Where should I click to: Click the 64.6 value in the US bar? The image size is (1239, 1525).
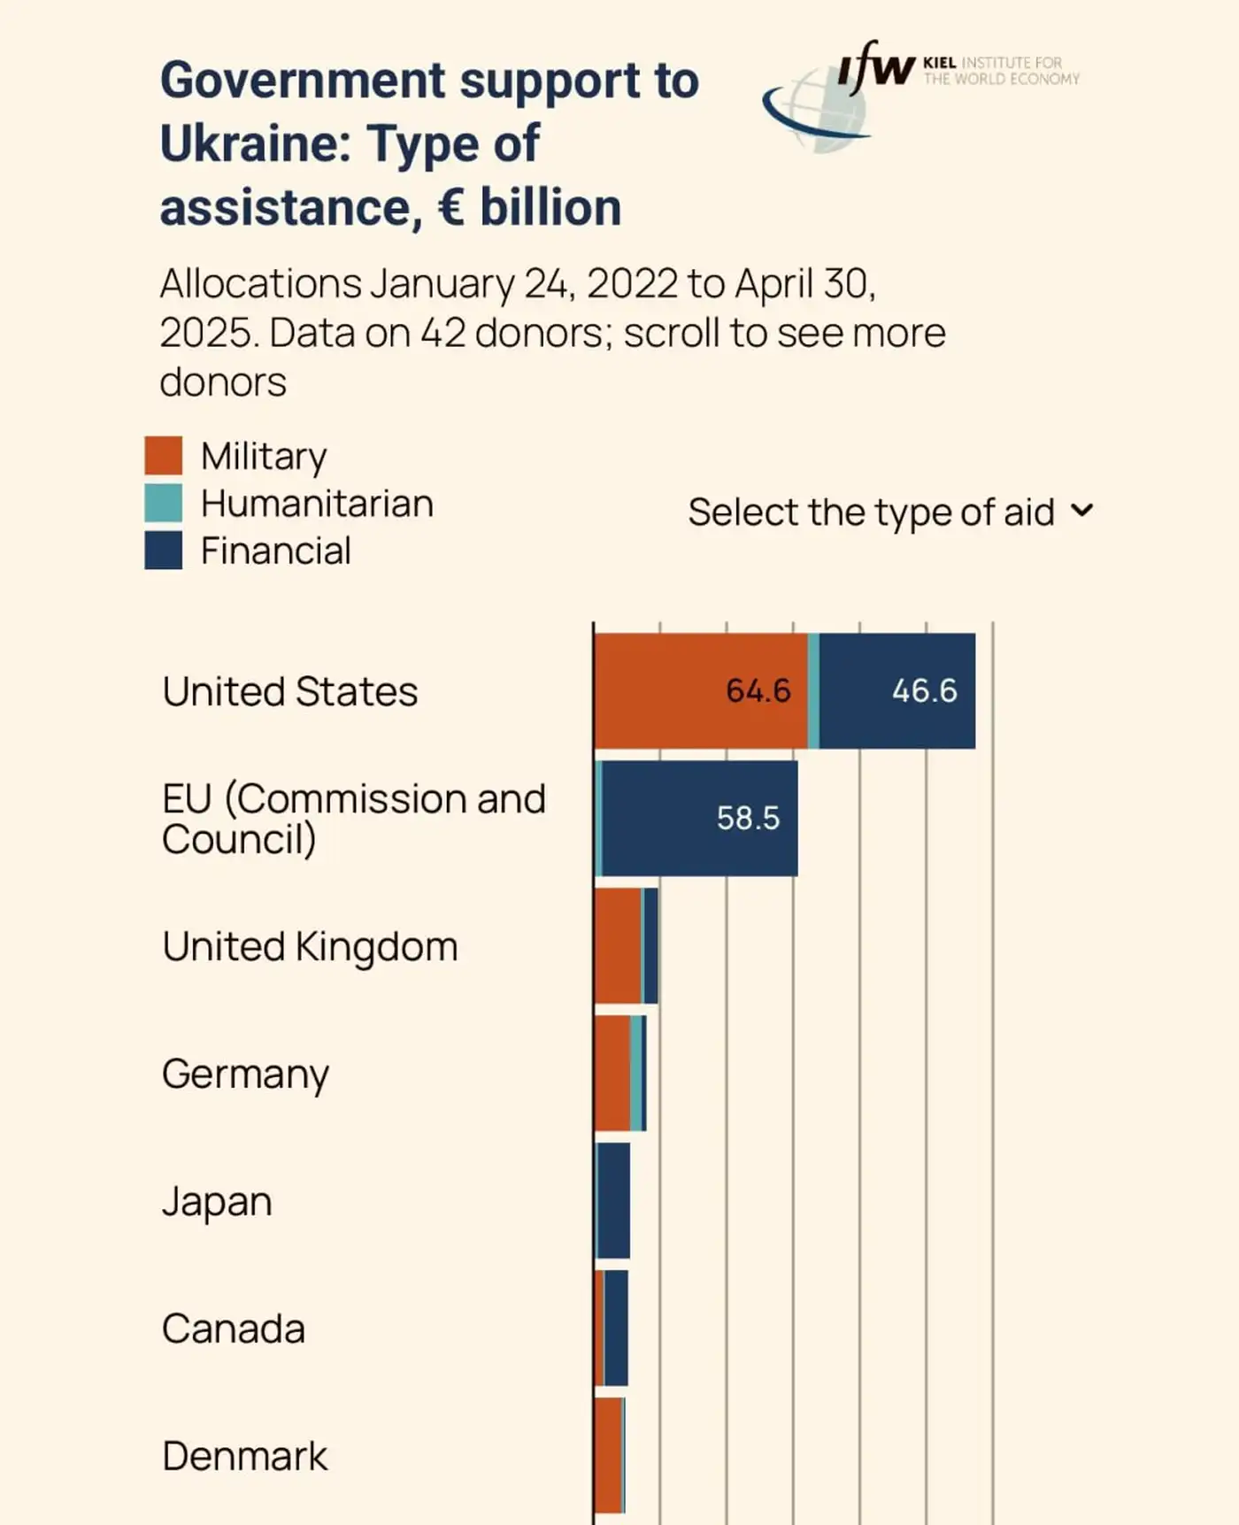coord(758,690)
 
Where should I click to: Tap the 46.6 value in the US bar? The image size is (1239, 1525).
coord(924,690)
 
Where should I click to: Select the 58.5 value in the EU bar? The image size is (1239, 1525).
coord(748,818)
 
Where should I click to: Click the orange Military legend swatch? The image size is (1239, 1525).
coord(164,455)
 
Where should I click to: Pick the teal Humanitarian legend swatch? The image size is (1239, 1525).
coord(164,503)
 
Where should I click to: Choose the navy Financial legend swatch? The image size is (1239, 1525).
coord(164,550)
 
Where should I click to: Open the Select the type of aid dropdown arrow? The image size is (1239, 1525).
coord(1081,511)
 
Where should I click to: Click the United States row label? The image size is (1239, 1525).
coord(289,691)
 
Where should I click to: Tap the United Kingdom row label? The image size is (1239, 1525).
coord(310,946)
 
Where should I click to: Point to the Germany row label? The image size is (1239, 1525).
coord(245,1074)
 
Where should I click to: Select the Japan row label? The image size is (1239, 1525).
coord(217,1201)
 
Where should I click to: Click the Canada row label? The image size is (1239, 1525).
coord(234,1329)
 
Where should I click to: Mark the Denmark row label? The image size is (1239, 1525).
coord(244,1456)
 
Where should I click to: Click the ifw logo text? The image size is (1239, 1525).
coord(875,67)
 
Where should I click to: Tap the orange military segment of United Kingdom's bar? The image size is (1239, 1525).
coord(617,945)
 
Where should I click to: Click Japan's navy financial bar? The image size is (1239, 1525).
coord(613,1200)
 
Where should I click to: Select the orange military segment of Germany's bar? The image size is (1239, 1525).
coord(612,1073)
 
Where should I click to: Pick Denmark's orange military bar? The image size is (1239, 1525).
coord(608,1455)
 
